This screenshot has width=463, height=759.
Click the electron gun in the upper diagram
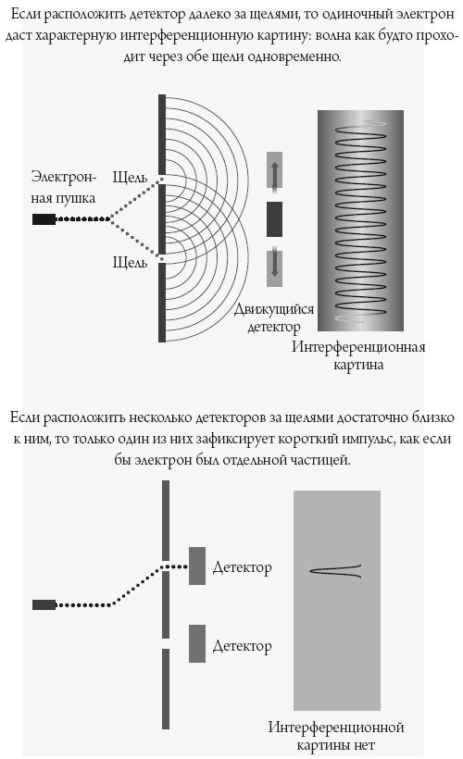coord(44,219)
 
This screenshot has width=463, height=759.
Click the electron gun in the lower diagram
coord(44,604)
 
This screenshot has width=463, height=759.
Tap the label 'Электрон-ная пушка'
coord(60,184)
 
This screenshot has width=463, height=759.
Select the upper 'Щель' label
coord(130,176)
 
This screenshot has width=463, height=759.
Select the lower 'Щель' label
coord(130,262)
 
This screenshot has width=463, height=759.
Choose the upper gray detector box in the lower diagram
coord(197,566)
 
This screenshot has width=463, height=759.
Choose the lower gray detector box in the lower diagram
coord(197,643)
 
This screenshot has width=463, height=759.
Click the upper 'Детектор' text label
coord(242,567)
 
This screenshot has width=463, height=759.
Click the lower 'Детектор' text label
coord(242,645)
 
